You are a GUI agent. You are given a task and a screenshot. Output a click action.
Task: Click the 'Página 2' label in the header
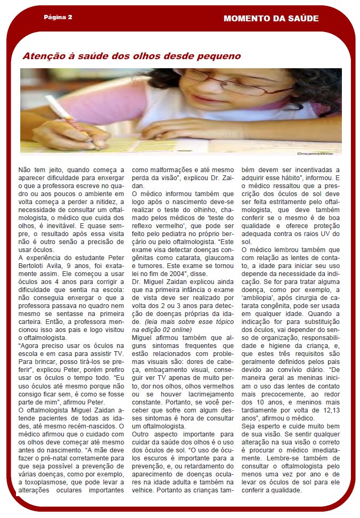58,17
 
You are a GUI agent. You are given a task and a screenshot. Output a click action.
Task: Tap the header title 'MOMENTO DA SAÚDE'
271,18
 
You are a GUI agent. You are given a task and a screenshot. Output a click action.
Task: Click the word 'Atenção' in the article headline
42,56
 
